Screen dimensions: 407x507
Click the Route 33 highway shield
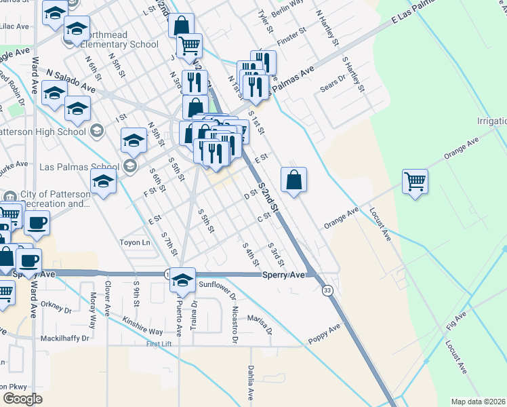point(327,290)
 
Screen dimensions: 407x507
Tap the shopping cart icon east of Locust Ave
point(415,181)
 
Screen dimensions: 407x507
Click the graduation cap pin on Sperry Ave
point(182,279)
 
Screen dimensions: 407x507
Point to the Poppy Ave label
point(324,332)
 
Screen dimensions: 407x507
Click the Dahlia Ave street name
point(250,383)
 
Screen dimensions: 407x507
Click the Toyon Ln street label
point(135,242)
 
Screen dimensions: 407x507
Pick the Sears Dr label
point(333,85)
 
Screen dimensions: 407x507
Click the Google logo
point(22,398)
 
